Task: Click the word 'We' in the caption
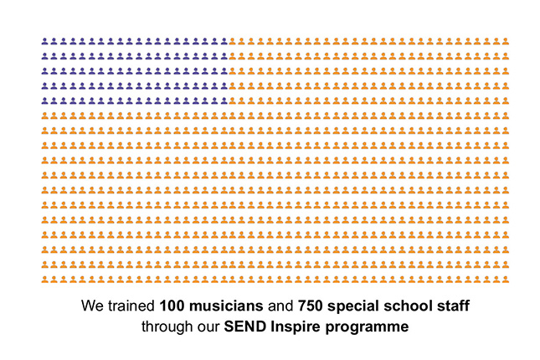(91, 306)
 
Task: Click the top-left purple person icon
(44, 40)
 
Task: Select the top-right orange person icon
(506, 40)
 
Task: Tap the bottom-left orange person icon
(44, 277)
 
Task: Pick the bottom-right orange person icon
(506, 277)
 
